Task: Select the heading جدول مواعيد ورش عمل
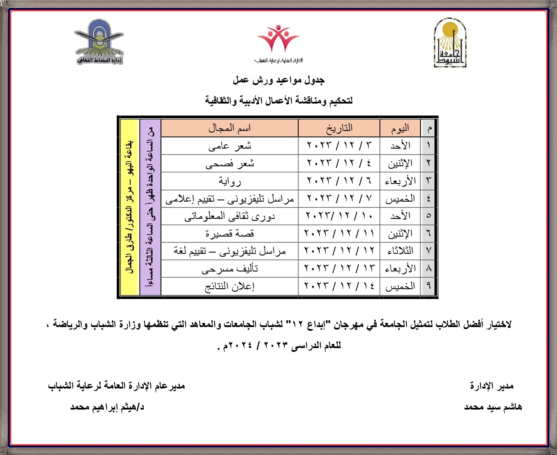point(278,80)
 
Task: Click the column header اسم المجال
point(230,128)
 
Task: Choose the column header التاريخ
point(339,128)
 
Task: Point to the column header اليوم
point(400,128)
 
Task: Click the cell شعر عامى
point(230,146)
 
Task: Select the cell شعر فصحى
point(230,164)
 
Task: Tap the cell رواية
point(230,181)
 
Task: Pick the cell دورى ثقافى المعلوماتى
point(230,216)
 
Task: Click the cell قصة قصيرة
point(230,234)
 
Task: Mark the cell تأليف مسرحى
point(230,269)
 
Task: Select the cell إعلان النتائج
point(230,286)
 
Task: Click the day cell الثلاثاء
point(400,251)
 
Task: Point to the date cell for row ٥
point(339,216)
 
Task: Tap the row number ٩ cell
point(428,286)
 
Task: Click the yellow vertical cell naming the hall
point(130,207)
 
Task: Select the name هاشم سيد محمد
point(493,407)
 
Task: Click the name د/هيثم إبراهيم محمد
point(107,407)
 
